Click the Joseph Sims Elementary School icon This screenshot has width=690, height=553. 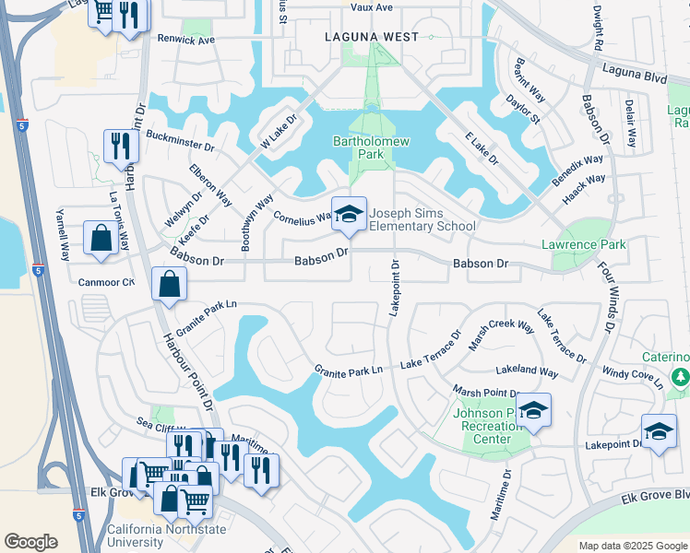click(x=349, y=215)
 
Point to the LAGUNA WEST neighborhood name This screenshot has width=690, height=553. click(x=372, y=37)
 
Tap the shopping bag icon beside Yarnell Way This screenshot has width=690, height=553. click(x=100, y=239)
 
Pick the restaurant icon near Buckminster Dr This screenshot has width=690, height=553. click(x=121, y=147)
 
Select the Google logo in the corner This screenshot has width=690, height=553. click(x=31, y=542)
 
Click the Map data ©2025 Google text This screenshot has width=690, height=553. click(x=632, y=546)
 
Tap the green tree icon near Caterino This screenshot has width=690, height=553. click(x=680, y=377)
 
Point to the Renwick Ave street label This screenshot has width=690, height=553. click(x=185, y=41)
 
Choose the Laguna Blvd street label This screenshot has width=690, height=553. click(x=634, y=75)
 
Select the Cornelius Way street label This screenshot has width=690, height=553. click(x=303, y=218)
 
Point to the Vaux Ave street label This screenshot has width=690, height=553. click(x=372, y=7)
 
